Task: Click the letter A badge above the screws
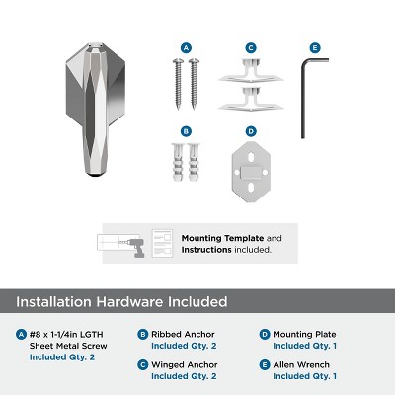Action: (x=186, y=46)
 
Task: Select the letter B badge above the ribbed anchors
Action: (x=186, y=130)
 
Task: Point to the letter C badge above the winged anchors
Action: (x=251, y=46)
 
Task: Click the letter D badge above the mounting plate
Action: (x=251, y=130)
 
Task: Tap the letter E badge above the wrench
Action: (x=315, y=46)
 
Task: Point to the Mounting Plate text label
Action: (x=301, y=334)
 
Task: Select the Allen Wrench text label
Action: (x=300, y=365)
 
